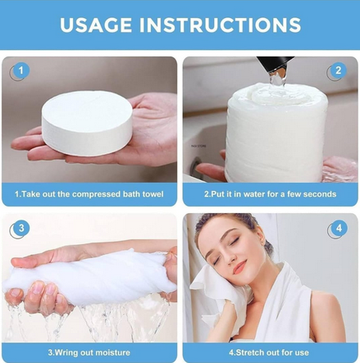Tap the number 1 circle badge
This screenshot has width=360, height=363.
coord(20,72)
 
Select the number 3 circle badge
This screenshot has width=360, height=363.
coord(20,229)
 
